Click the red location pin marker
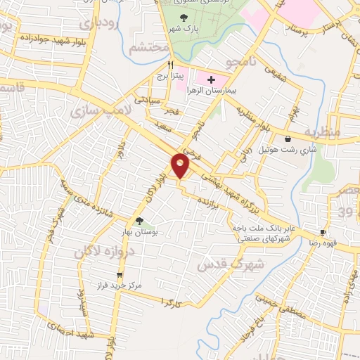[181, 166]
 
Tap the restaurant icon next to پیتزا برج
[162, 63]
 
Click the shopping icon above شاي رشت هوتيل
[289, 139]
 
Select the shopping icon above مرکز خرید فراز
[120, 275]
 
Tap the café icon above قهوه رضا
[323, 231]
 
